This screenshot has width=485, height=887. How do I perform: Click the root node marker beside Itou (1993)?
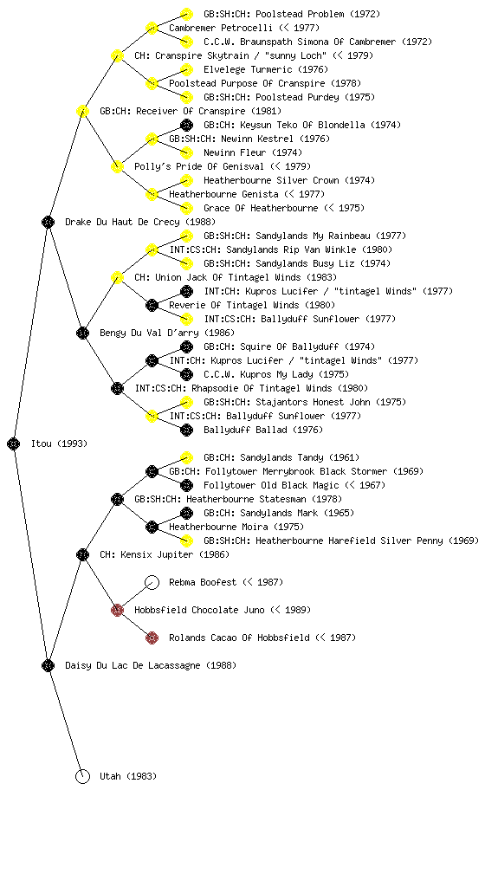click(14, 443)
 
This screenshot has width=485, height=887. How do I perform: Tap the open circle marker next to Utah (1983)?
click(82, 776)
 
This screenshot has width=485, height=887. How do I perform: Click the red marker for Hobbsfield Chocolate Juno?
click(117, 610)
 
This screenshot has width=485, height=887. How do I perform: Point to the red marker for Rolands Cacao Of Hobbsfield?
click(152, 638)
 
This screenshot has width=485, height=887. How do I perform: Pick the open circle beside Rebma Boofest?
click(152, 582)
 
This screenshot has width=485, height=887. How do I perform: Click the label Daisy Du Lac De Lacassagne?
click(133, 665)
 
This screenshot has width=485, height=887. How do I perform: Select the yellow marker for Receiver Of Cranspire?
click(82, 111)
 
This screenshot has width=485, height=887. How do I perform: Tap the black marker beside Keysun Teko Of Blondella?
click(186, 125)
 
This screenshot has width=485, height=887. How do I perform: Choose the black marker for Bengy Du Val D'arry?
click(82, 333)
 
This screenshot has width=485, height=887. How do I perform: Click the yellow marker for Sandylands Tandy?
click(186, 457)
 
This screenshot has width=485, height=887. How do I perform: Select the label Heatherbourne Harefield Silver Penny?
click(349, 541)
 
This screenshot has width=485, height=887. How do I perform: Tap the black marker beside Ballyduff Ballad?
click(186, 430)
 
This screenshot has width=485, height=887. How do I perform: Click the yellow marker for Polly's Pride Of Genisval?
click(117, 166)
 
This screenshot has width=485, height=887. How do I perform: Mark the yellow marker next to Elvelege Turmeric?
click(186, 69)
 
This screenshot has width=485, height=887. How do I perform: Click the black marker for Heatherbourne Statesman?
click(117, 499)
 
